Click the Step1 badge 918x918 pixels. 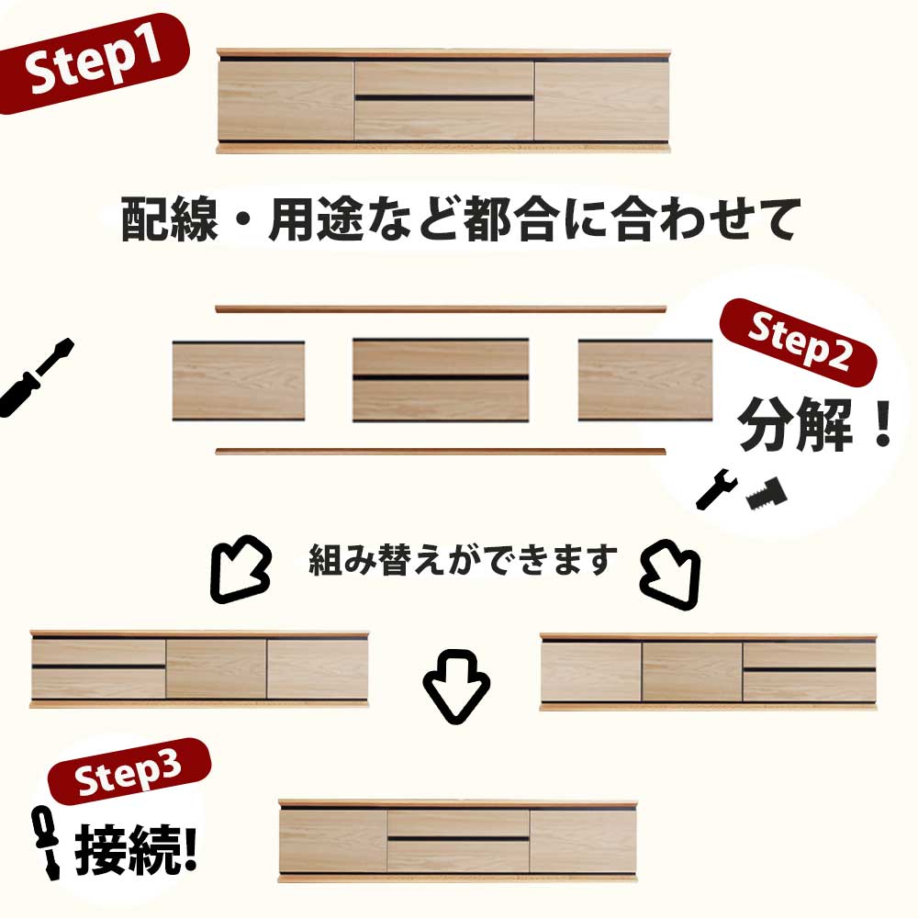[94, 63]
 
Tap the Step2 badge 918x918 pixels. [798, 341]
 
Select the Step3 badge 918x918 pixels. [129, 772]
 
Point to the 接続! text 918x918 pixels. [136, 849]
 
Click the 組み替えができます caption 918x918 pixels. [463, 560]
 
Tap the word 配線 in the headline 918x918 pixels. [169, 219]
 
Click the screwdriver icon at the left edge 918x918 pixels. [37, 377]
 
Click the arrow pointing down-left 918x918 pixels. [240, 568]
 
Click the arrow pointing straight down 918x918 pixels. [456, 686]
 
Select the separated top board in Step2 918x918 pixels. [441, 308]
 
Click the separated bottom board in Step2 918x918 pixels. [441, 452]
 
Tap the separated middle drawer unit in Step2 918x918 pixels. [441, 380]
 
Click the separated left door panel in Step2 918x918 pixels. [239, 381]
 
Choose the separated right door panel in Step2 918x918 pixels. [645, 380]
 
